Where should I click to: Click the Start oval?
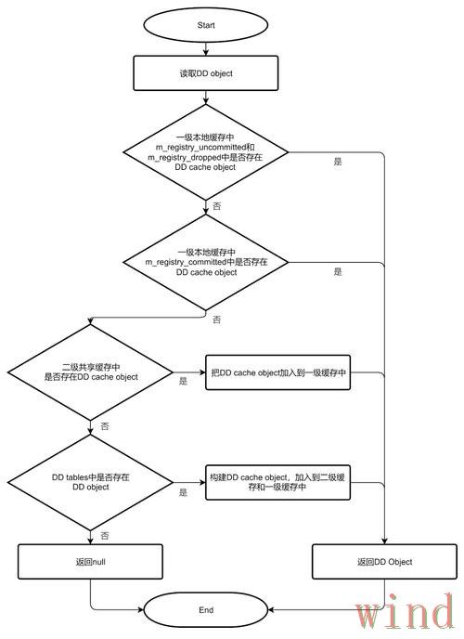coord(205,25)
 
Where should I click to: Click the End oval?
coord(205,609)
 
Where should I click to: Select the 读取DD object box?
coord(205,73)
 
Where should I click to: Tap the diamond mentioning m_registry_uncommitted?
coord(205,152)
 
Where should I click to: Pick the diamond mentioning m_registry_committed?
coord(205,262)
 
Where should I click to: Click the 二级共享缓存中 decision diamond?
coord(90,372)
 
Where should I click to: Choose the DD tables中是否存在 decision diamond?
coord(90,483)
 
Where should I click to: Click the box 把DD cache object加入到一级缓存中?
coord(278,372)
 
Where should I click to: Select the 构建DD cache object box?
coord(278,483)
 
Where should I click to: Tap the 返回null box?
coord(90,562)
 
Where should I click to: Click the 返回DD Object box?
coord(384,562)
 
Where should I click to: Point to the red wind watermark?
coord(405,611)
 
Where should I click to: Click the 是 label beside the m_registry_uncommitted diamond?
coord(338,162)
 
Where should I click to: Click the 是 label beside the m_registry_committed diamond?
coord(338,272)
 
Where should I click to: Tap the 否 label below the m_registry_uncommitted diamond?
coord(217,206)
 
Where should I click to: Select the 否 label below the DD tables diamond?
coord(105,536)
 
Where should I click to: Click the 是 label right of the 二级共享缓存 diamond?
coord(183,382)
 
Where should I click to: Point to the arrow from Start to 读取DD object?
coord(205,48)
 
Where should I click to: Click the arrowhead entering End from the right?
coord(271,609)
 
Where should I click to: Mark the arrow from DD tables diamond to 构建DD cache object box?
coord(189,483)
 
